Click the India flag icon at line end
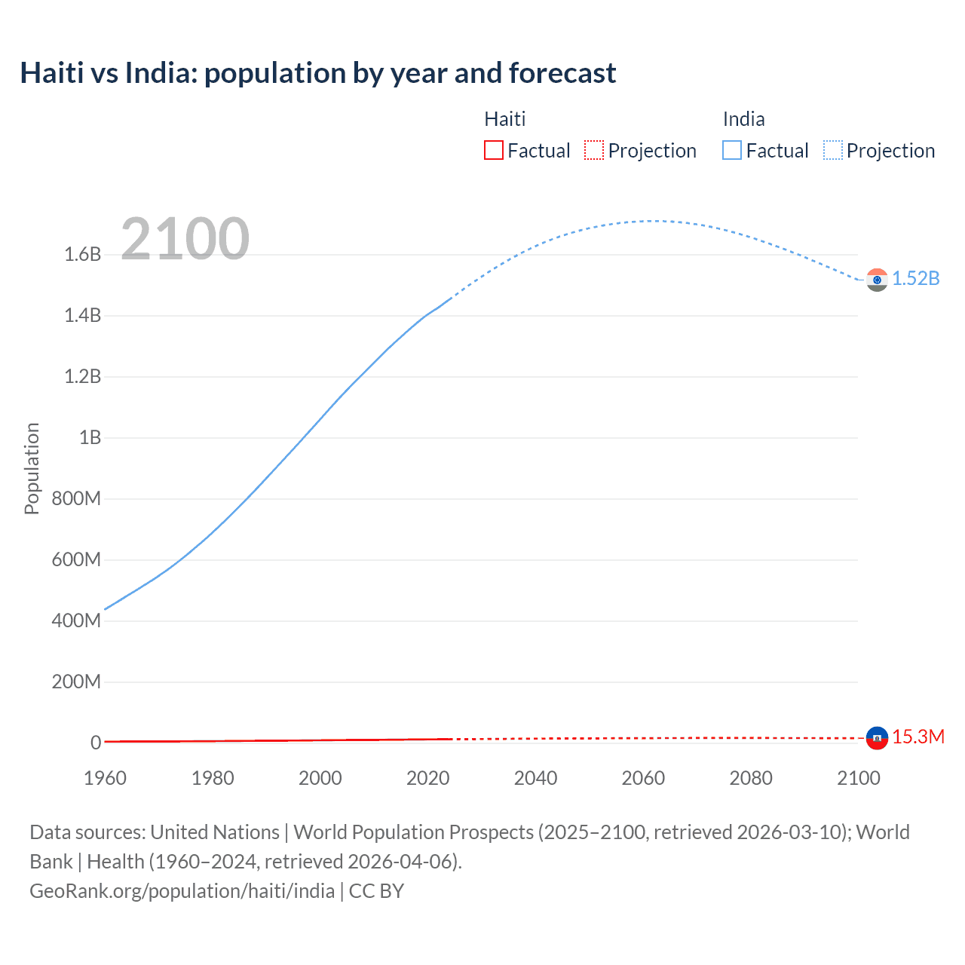click(x=877, y=280)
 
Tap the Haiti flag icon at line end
click(x=877, y=738)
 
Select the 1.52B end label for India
click(x=916, y=279)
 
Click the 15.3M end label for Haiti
click(x=918, y=737)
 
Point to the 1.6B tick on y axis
click(x=83, y=255)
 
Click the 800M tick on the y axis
click(x=76, y=499)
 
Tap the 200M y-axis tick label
click(x=76, y=682)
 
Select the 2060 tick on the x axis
click(x=643, y=778)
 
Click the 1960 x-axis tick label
click(x=105, y=778)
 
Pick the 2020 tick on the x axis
click(x=427, y=778)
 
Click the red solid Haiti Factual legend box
click(x=493, y=151)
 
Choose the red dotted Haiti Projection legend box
click(x=594, y=151)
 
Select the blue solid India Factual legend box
click(x=732, y=151)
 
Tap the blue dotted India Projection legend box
click(x=832, y=151)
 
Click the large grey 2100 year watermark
click(x=185, y=239)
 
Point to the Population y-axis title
click(x=32, y=468)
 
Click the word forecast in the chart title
click(x=562, y=73)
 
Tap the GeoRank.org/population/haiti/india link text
click(x=182, y=891)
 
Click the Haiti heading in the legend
click(x=504, y=119)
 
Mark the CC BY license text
click(x=376, y=891)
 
